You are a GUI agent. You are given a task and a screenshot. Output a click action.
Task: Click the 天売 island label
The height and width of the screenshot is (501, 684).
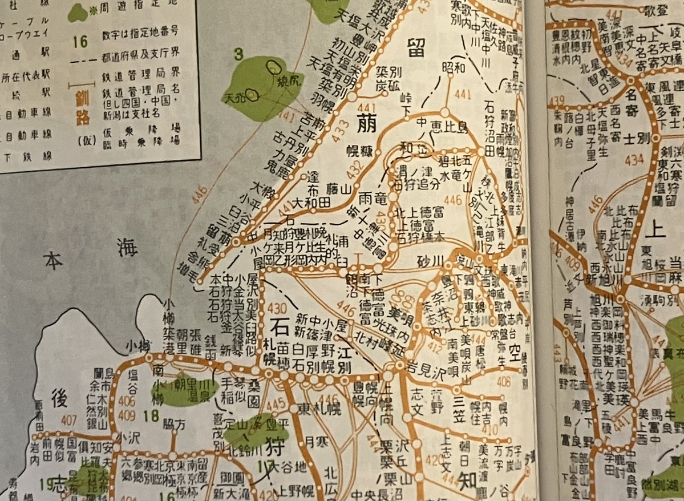(235, 95)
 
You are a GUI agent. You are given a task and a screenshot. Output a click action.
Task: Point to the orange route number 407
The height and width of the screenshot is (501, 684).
(68, 422)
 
